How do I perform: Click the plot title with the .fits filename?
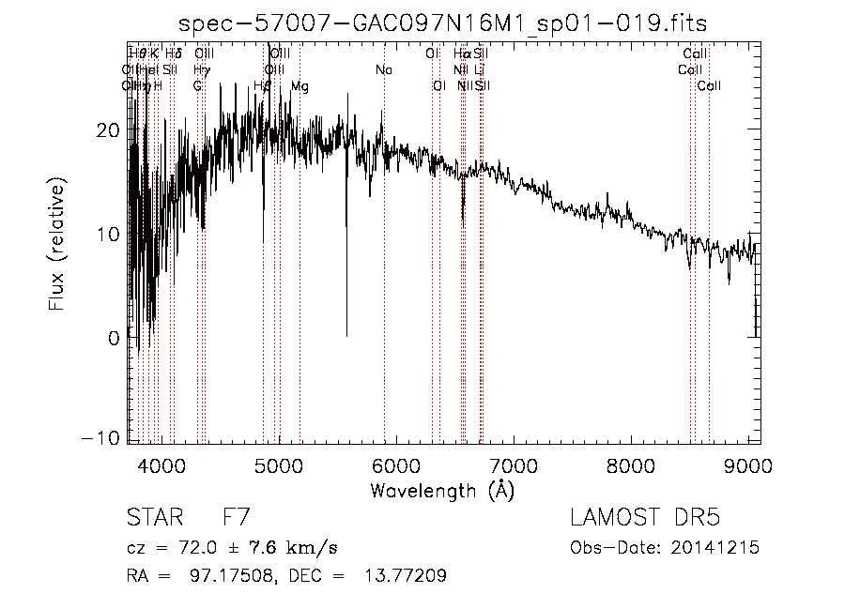(443, 23)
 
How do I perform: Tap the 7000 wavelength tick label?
(513, 465)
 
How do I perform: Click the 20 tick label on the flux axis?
(107, 129)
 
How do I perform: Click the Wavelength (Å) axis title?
(442, 490)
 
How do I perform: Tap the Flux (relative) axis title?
(58, 247)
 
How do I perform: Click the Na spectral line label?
(384, 70)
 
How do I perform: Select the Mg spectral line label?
(300, 86)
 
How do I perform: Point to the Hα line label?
(461, 54)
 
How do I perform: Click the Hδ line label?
(173, 54)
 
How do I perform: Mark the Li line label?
(480, 70)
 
